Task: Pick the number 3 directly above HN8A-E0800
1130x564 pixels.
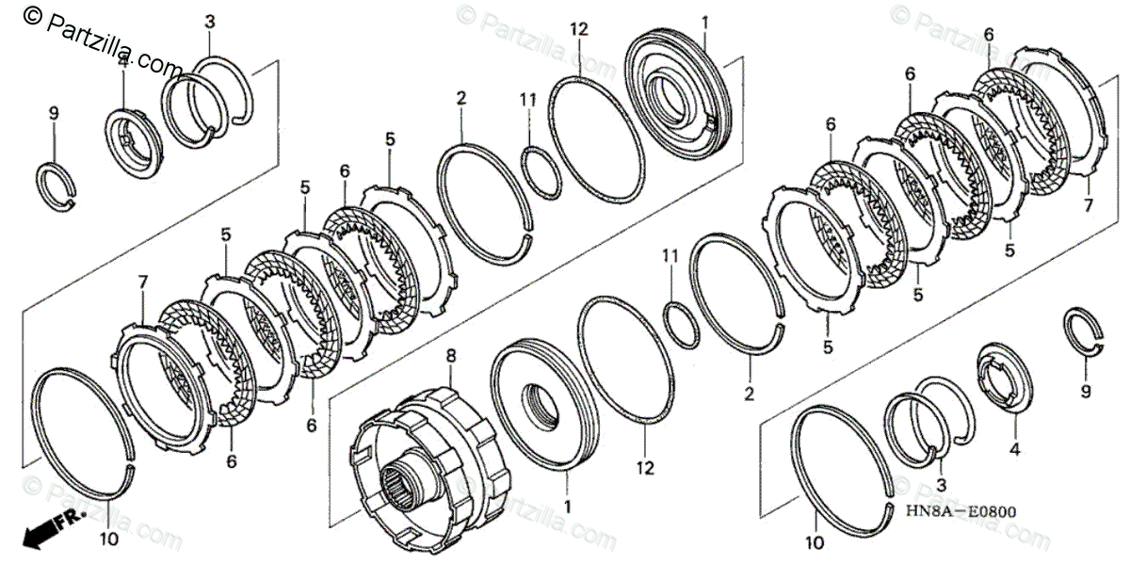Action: tap(941, 483)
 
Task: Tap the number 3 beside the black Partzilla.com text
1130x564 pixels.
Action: tap(209, 20)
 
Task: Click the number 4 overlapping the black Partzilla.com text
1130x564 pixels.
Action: tap(122, 61)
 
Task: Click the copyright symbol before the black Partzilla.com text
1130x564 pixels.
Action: tap(32, 14)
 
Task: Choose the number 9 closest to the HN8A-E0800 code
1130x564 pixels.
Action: tap(1085, 391)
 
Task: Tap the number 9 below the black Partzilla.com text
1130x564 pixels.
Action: tap(54, 113)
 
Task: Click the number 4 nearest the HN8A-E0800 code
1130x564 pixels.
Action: tap(1014, 450)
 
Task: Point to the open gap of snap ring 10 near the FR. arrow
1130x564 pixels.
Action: tap(130, 464)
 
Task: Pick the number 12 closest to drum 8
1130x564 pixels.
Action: tap(643, 466)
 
